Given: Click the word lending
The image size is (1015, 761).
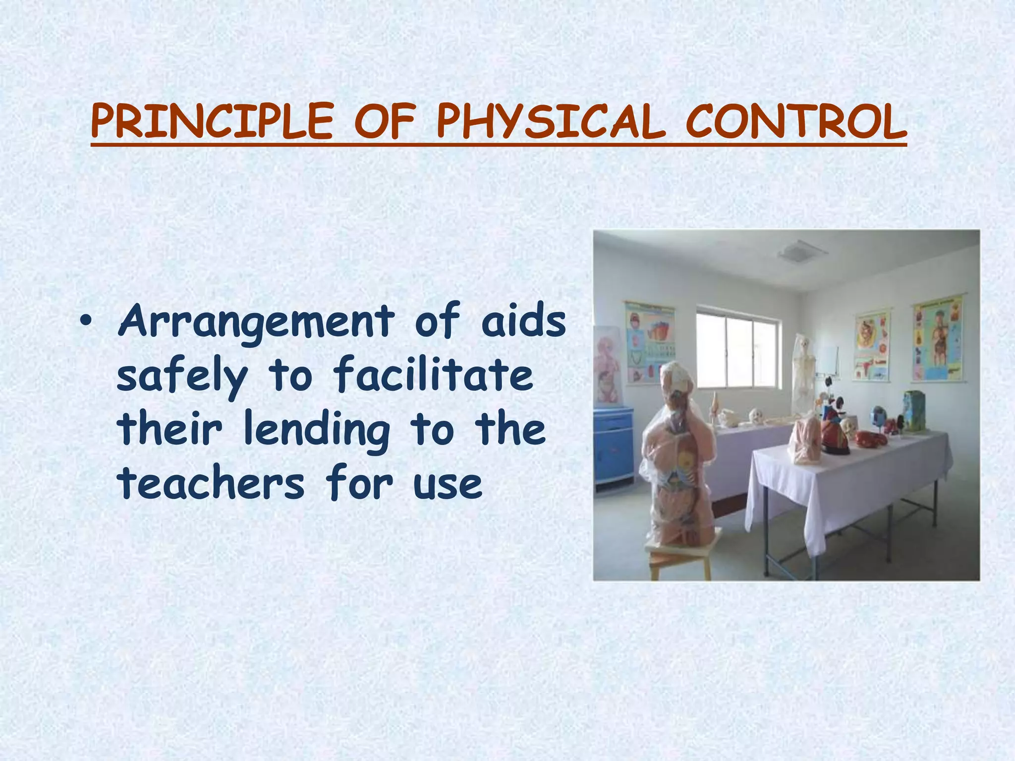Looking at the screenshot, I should click(x=317, y=430).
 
